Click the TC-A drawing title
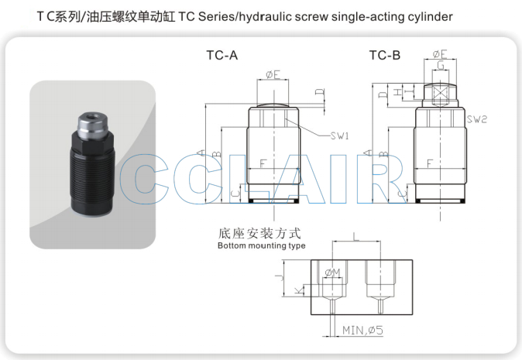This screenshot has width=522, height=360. coord(222,55)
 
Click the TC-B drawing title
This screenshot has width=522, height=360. coord(384,55)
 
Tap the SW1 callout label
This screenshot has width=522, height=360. coord(339,135)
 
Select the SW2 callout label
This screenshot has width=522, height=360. coord(477,119)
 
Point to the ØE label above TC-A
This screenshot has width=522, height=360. coord(273,74)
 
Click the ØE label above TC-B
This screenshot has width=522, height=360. coord(440,54)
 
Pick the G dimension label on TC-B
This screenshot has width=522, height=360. coord(441,65)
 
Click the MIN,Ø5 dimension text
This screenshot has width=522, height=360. coord(362,331)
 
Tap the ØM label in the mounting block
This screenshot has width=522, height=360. coord(332,273)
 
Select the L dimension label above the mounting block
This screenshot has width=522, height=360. coord(356,237)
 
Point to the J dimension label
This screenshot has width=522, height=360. coord(280,277)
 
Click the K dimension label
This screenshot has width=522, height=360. coord(300,290)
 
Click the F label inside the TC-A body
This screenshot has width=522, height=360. coord(263,163)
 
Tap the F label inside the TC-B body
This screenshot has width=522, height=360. coord(430,163)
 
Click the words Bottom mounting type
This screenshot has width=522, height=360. coord(261,246)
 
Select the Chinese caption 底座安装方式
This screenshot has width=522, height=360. coord(259,233)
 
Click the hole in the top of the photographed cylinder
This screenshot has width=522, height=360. coord(92,117)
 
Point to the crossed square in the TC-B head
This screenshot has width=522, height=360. coord(440,94)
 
